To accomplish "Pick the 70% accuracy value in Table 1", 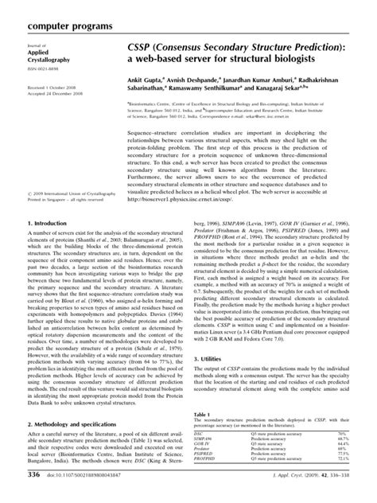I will tap(359, 456).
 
